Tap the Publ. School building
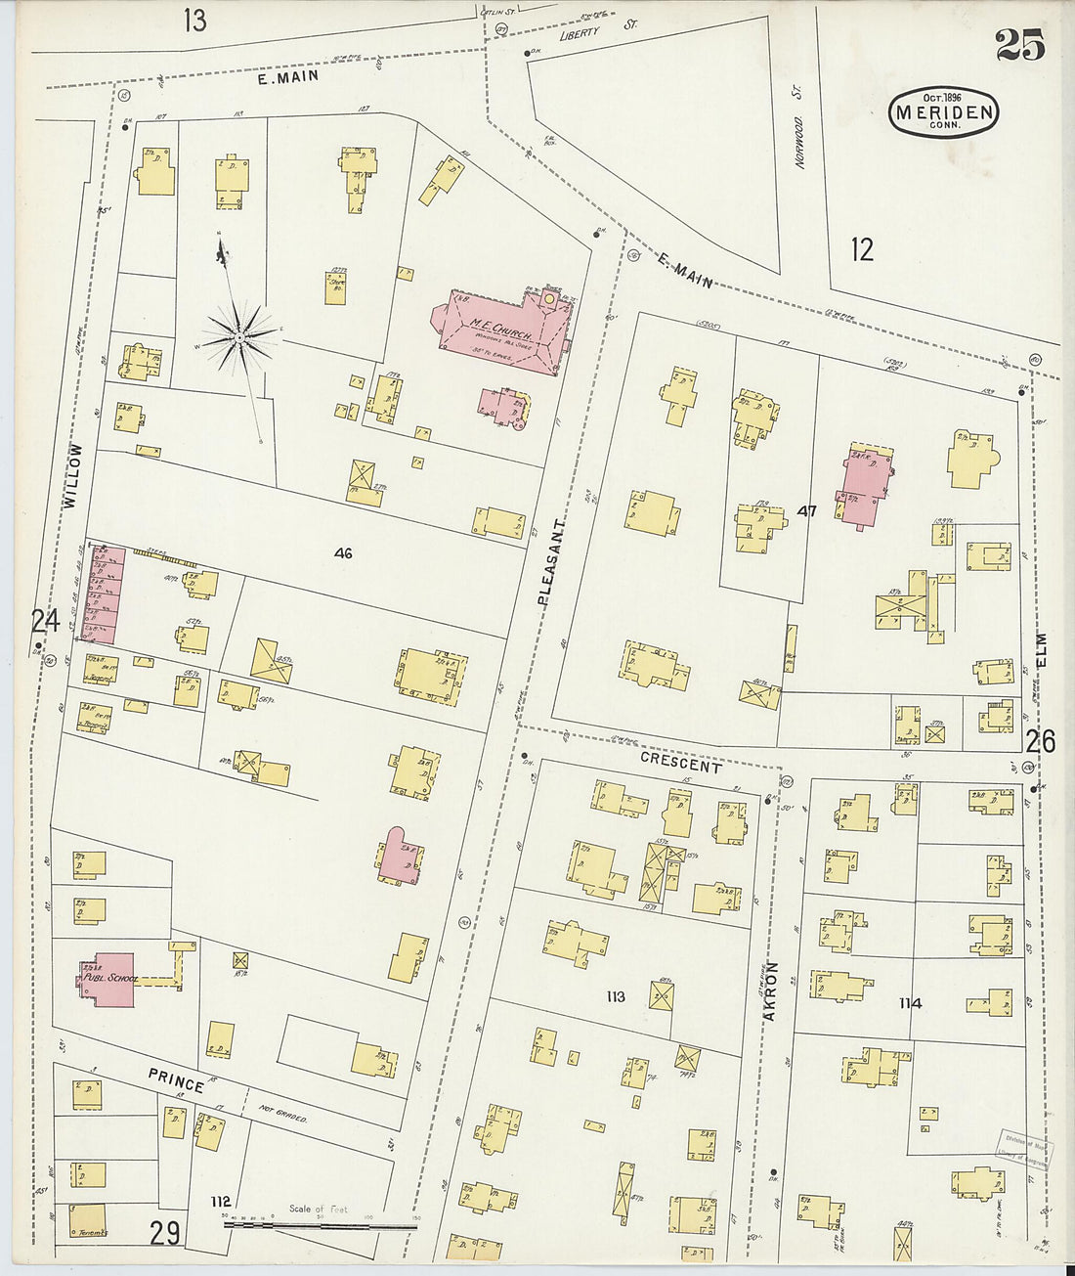pos(108,979)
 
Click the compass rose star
pos(239,337)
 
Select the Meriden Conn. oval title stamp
pos(943,113)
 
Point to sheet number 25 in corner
pos(1019,46)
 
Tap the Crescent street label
pos(680,762)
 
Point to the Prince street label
pos(177,1079)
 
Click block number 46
pos(342,553)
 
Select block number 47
pos(806,510)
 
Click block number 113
pos(615,996)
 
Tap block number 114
pos(910,1003)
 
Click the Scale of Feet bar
pos(319,1222)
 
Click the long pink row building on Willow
pos(103,594)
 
